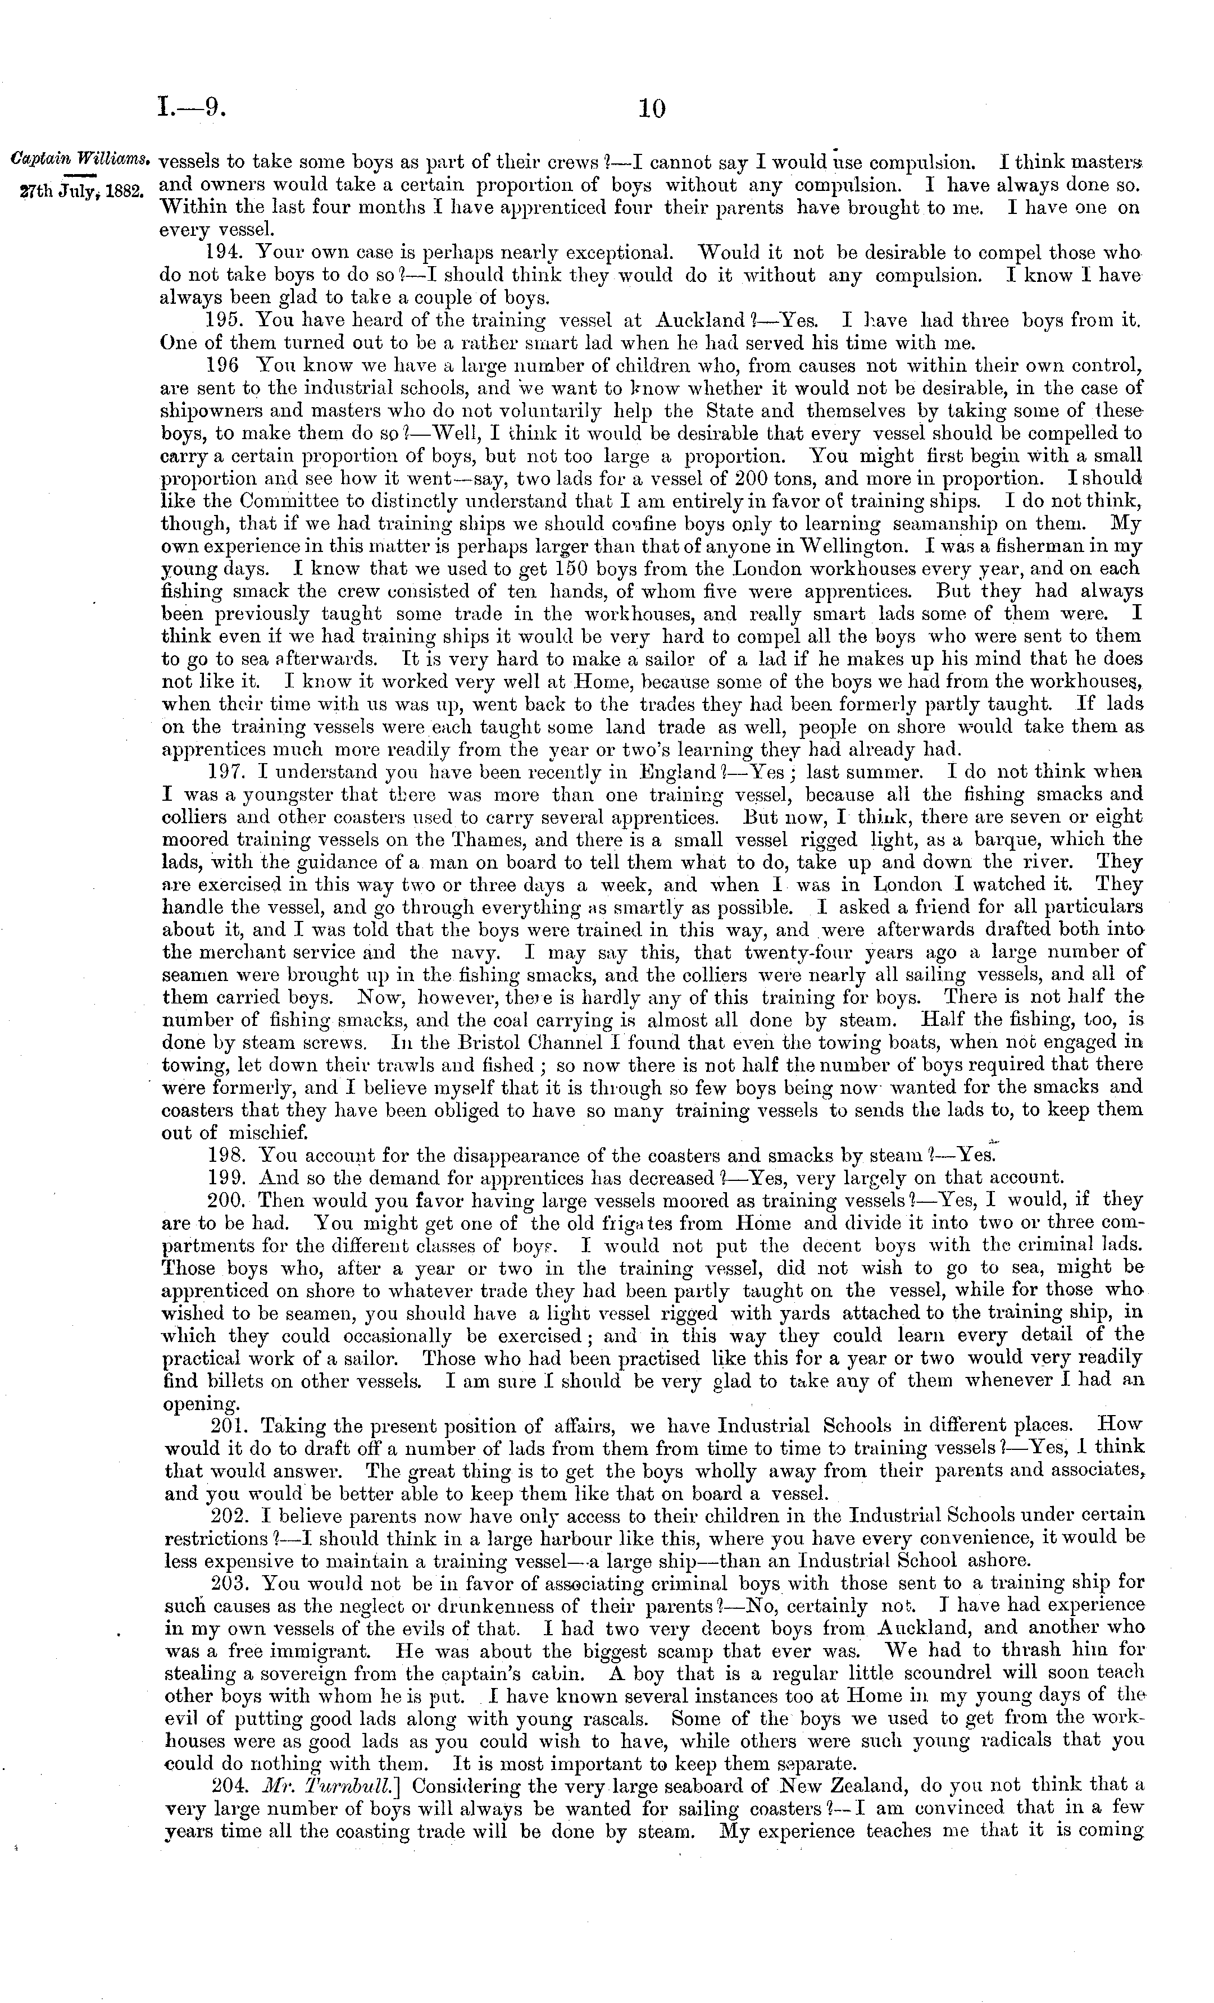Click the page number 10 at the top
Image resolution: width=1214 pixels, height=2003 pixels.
652,109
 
